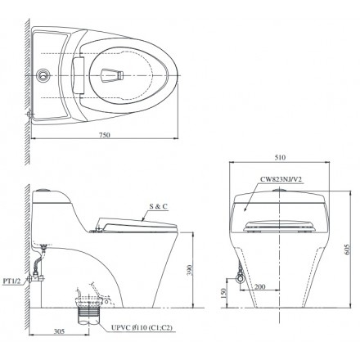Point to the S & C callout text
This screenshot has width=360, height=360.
[x=158, y=208]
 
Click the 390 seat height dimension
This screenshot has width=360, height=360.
[x=189, y=270]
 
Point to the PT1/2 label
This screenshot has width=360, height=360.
[x=12, y=279]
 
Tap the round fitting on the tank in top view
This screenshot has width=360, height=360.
[x=42, y=74]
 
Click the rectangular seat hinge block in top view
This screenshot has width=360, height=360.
[x=80, y=74]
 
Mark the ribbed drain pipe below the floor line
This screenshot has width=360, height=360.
[x=84, y=315]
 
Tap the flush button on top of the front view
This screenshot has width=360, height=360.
[x=280, y=190]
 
